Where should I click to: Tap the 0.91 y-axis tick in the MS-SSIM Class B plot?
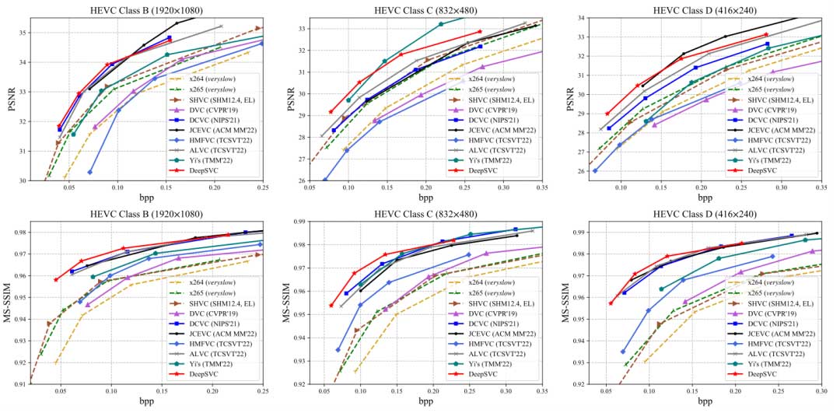tap(22, 383)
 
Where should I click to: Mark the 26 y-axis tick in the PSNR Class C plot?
tap(300, 180)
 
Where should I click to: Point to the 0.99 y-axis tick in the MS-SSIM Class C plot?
tap(300, 222)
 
